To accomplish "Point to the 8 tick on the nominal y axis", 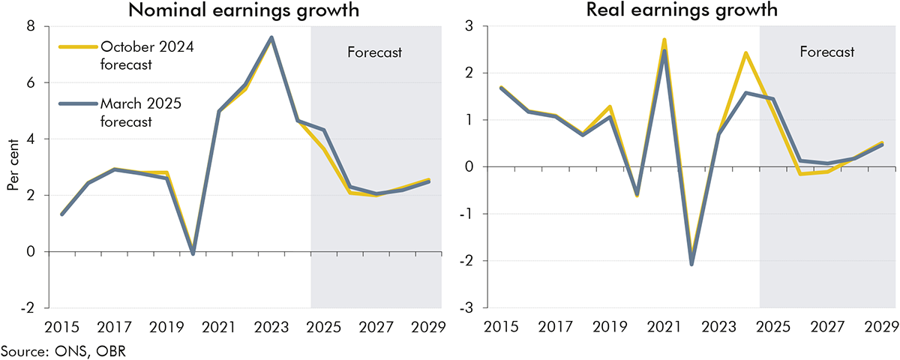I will [x=30, y=26].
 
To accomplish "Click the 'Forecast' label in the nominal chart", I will [x=375, y=52].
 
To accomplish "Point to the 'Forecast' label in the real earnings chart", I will [x=826, y=52].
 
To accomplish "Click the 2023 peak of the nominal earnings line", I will [x=271, y=37].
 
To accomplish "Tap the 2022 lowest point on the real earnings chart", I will [x=691, y=263].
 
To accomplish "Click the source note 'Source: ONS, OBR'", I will [x=49, y=350].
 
